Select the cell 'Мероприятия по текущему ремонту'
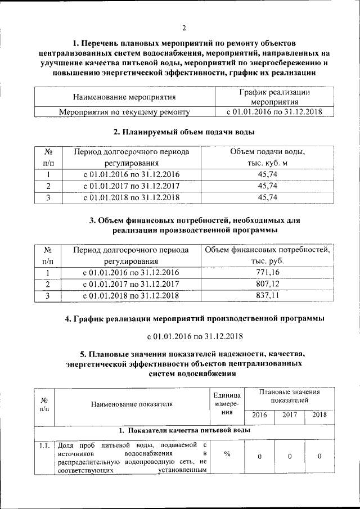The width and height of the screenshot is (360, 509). (x=124, y=112)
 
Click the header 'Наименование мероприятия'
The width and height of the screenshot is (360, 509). (x=124, y=97)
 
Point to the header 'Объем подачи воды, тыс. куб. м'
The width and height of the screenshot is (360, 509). (x=268, y=157)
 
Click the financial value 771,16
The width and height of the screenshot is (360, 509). (x=268, y=273)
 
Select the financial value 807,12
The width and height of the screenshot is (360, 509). (x=268, y=284)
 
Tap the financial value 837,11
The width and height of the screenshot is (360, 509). (x=268, y=295)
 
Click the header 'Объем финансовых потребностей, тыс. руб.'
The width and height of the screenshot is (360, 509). (x=268, y=255)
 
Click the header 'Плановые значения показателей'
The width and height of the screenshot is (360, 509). (x=289, y=396)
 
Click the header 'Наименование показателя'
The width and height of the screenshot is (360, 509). (x=130, y=404)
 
